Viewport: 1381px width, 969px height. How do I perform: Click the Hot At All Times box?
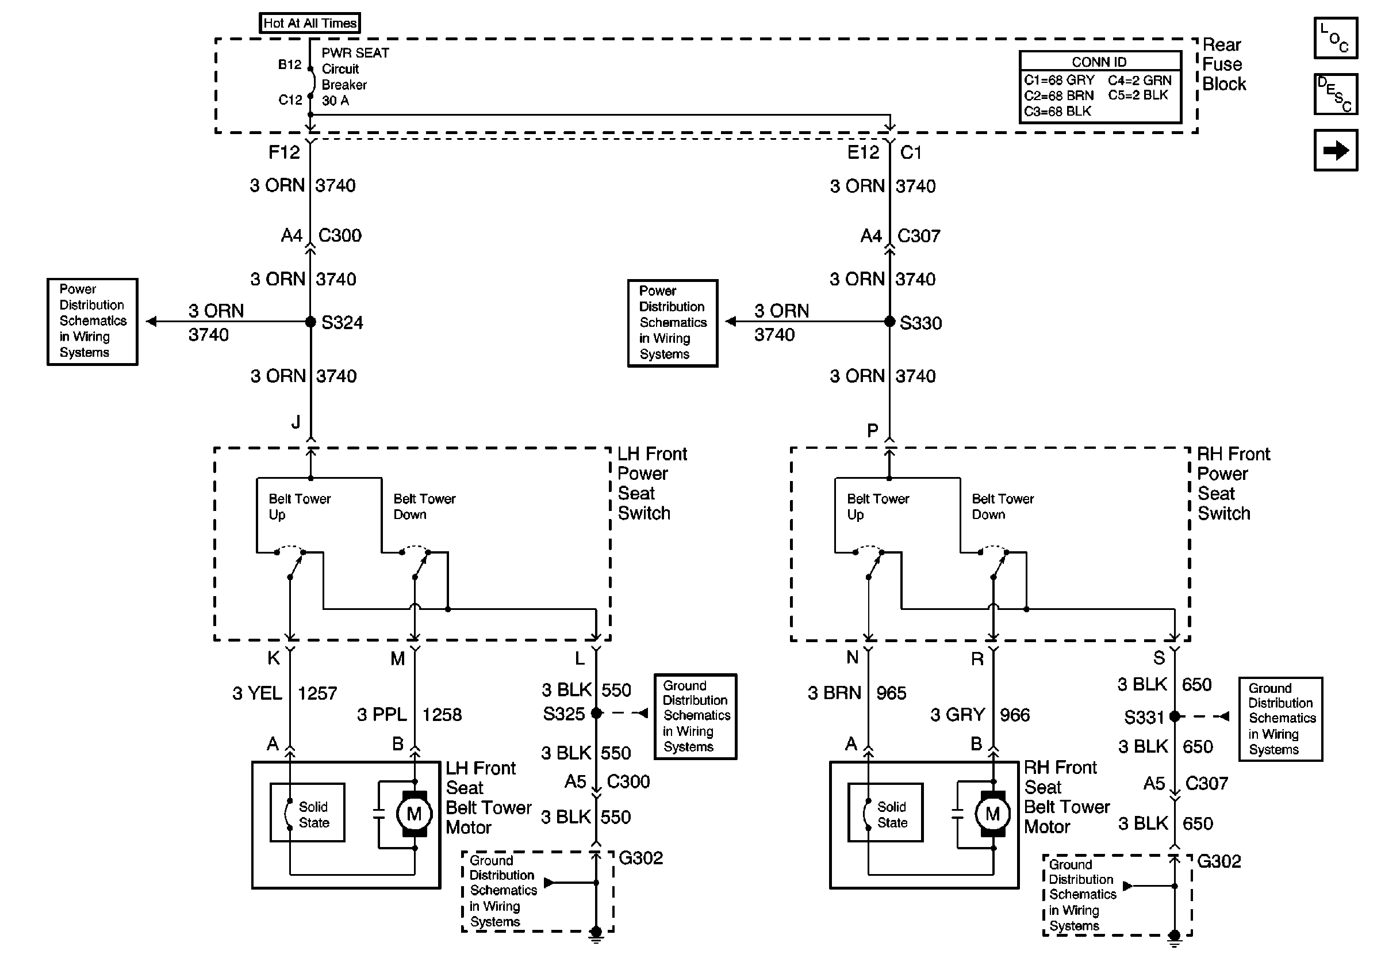pyautogui.click(x=310, y=23)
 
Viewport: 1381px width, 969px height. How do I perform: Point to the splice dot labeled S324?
pyautogui.click(x=310, y=322)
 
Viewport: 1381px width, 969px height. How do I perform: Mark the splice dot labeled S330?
pyautogui.click(x=889, y=322)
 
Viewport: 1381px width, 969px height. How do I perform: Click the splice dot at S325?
pyautogui.click(x=596, y=713)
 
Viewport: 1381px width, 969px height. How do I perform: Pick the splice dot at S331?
pyautogui.click(x=1175, y=716)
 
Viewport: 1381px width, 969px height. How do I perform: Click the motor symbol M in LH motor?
pyautogui.click(x=414, y=814)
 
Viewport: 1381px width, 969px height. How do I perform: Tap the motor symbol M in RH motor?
pyautogui.click(x=992, y=814)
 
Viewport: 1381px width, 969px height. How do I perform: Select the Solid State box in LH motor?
pyautogui.click(x=308, y=812)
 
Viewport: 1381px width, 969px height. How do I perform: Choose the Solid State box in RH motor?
pyautogui.click(x=885, y=812)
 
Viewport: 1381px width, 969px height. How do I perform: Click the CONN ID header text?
pyautogui.click(x=1099, y=62)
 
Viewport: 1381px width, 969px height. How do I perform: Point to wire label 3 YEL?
pyautogui.click(x=258, y=693)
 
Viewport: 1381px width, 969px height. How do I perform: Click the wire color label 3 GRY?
pyautogui.click(x=957, y=715)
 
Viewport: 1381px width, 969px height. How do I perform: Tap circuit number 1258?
pyautogui.click(x=442, y=715)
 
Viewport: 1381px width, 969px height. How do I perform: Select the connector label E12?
pyautogui.click(x=863, y=153)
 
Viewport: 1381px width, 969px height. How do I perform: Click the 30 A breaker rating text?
pyautogui.click(x=335, y=101)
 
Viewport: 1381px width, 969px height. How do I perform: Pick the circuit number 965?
pyautogui.click(x=891, y=693)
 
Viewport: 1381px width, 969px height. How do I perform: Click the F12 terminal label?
pyautogui.click(x=284, y=152)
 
